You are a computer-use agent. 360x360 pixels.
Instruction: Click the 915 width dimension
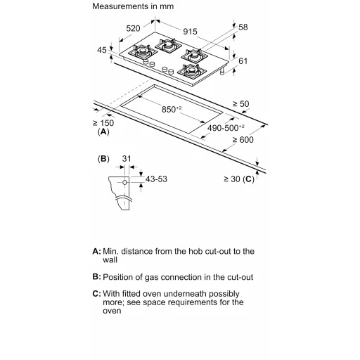pos(190,32)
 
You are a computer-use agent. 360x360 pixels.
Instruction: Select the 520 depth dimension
pos(133,28)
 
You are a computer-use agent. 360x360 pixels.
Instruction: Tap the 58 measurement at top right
pos(243,27)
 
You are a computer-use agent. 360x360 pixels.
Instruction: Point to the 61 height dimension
pos(243,61)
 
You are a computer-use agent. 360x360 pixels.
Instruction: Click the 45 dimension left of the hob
pos(102,50)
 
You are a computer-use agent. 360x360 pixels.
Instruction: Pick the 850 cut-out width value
pos(172,109)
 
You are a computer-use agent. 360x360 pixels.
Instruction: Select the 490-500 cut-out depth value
pos(226,128)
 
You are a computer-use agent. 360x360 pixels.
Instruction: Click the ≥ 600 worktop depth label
pos(243,140)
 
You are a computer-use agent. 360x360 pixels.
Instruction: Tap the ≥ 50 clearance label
pos(240,104)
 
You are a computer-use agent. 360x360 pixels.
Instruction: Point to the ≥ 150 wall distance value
pos(103,123)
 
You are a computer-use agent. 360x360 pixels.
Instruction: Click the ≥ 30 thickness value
pos(232,179)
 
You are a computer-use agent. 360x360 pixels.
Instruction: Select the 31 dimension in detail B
pos(127,159)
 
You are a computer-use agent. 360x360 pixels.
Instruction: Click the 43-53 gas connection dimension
pos(156,179)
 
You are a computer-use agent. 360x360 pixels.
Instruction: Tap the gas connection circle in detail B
pos(125,182)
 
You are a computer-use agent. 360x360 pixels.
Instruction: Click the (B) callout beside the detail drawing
pos(103,159)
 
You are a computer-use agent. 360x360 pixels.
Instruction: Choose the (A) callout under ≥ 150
pos(103,132)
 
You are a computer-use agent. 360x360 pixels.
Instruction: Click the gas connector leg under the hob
pos(222,71)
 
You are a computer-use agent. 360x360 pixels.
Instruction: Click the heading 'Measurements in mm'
pos(133,6)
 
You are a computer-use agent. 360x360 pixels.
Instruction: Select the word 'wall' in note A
pos(110,260)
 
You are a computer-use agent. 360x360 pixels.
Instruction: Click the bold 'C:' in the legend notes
pos(96,294)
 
